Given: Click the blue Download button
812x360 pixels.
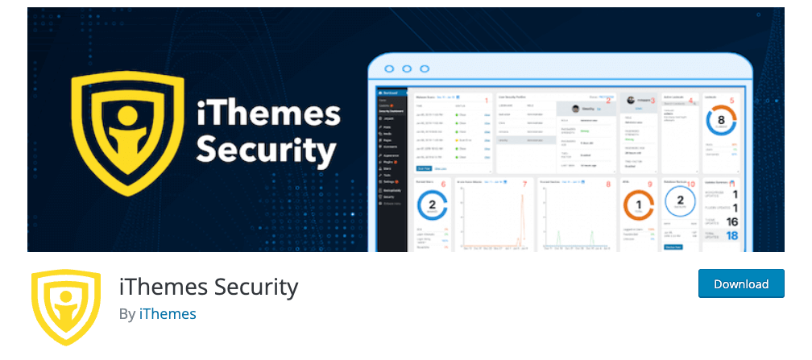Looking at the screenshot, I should pyautogui.click(x=741, y=284).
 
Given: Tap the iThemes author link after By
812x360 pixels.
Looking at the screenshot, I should pyautogui.click(x=167, y=313).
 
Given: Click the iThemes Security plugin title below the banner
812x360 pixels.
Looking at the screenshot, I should pyautogui.click(x=209, y=286).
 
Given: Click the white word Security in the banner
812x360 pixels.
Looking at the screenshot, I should pyautogui.click(x=266, y=150).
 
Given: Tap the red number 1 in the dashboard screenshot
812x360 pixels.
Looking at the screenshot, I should pyautogui.click(x=486, y=100).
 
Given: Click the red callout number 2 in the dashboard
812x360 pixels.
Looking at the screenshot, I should pyautogui.click(x=608, y=100).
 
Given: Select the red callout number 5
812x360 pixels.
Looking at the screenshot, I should pyautogui.click(x=731, y=100).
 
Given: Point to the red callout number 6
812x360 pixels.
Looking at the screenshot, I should pyautogui.click(x=444, y=184).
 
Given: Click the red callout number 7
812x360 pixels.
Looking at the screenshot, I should pyautogui.click(x=524, y=184).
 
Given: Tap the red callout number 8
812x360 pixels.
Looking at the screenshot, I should pyautogui.click(x=608, y=184).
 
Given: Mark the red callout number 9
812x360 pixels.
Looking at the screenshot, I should pyautogui.click(x=648, y=184).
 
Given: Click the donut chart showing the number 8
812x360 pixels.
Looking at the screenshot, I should pyautogui.click(x=721, y=122).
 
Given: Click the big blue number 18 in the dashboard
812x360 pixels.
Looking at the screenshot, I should pyautogui.click(x=732, y=236).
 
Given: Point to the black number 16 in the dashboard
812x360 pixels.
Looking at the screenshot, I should pyautogui.click(x=732, y=221).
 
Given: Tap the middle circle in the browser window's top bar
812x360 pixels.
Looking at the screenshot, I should pyautogui.click(x=406, y=69).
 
